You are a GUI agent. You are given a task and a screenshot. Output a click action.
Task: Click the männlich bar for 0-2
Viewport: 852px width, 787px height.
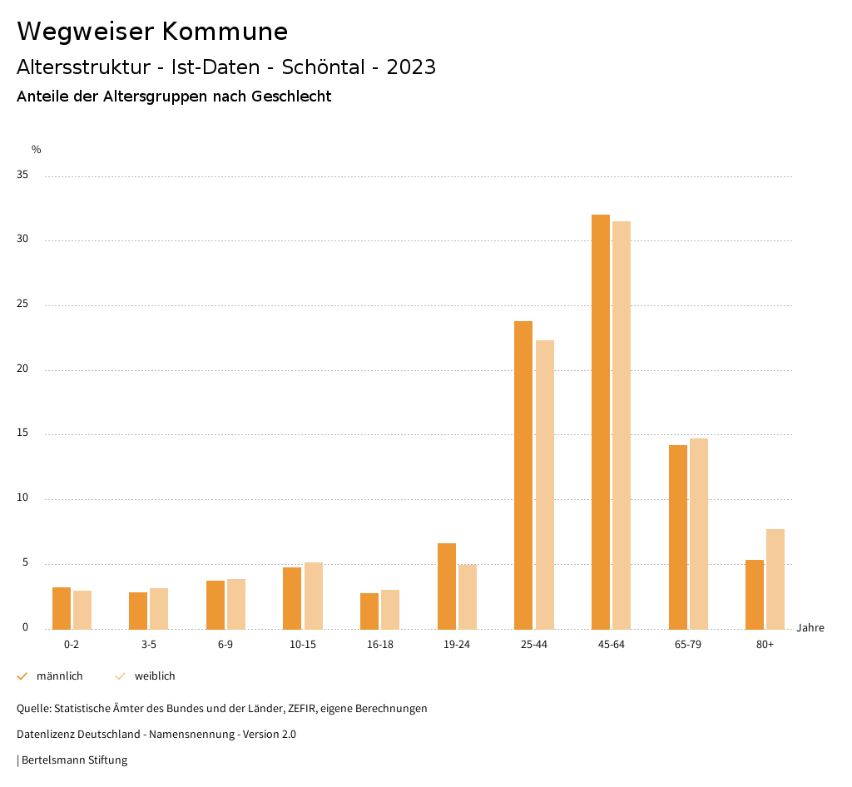point(62,608)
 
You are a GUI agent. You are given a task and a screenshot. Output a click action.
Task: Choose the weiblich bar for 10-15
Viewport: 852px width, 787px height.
point(314,596)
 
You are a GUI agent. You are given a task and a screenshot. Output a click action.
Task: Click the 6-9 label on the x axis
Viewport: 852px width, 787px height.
point(225,645)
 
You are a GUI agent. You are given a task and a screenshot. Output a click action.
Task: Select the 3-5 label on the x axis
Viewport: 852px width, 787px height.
point(149,645)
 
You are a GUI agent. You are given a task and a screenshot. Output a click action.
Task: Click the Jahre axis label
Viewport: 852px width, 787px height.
point(810,628)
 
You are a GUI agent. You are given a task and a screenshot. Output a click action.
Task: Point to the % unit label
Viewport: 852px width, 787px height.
point(37,150)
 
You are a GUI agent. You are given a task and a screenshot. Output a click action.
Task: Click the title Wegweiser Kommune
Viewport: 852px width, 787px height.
point(152,32)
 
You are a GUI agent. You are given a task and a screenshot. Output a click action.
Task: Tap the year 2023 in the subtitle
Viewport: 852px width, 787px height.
point(411,67)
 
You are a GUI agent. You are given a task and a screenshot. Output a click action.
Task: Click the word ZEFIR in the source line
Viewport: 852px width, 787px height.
point(300,709)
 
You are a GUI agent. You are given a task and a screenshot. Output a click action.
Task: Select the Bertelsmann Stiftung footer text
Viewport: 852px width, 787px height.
point(74,760)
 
